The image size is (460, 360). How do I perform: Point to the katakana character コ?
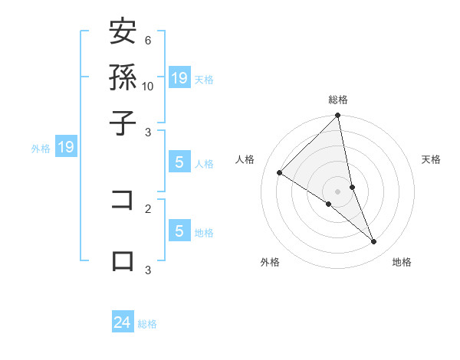[123, 199]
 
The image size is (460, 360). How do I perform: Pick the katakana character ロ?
[123, 260]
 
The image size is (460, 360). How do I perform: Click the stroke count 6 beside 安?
[147, 40]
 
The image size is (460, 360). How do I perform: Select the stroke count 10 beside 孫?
[148, 86]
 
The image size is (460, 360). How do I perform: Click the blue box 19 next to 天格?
[179, 77]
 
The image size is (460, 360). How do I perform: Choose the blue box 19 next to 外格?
[66, 148]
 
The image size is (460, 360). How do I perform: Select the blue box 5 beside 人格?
[179, 162]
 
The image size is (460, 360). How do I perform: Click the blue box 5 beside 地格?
[179, 231]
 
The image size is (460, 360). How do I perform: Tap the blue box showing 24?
[123, 322]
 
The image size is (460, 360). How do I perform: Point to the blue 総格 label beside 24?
[148, 324]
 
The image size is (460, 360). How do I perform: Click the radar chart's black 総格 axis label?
[338, 100]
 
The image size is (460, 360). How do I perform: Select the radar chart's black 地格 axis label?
[402, 262]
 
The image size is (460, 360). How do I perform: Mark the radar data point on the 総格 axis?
[338, 116]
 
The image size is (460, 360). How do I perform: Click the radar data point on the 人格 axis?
[279, 173]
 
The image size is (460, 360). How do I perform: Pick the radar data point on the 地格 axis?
[374, 242]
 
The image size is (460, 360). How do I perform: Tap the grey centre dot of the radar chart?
[338, 191]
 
